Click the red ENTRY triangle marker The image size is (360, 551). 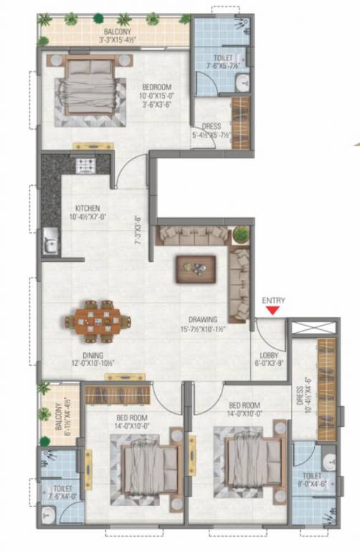(x=272, y=311)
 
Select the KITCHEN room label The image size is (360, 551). (x=87, y=209)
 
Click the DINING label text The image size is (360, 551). (x=93, y=355)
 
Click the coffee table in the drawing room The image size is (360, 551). (x=196, y=268)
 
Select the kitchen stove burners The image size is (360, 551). (x=87, y=166)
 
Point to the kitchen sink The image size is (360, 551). (x=50, y=240)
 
